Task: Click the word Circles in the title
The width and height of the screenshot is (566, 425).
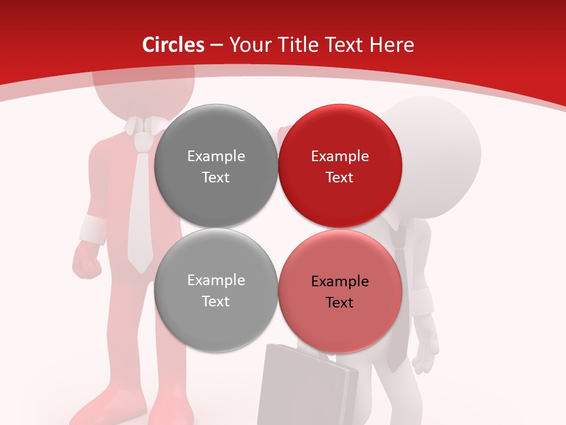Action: click(173, 45)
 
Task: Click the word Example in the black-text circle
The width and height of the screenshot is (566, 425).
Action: click(340, 281)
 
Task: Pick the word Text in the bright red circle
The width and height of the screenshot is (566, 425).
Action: click(340, 177)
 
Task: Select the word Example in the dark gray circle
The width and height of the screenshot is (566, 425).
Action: click(216, 156)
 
